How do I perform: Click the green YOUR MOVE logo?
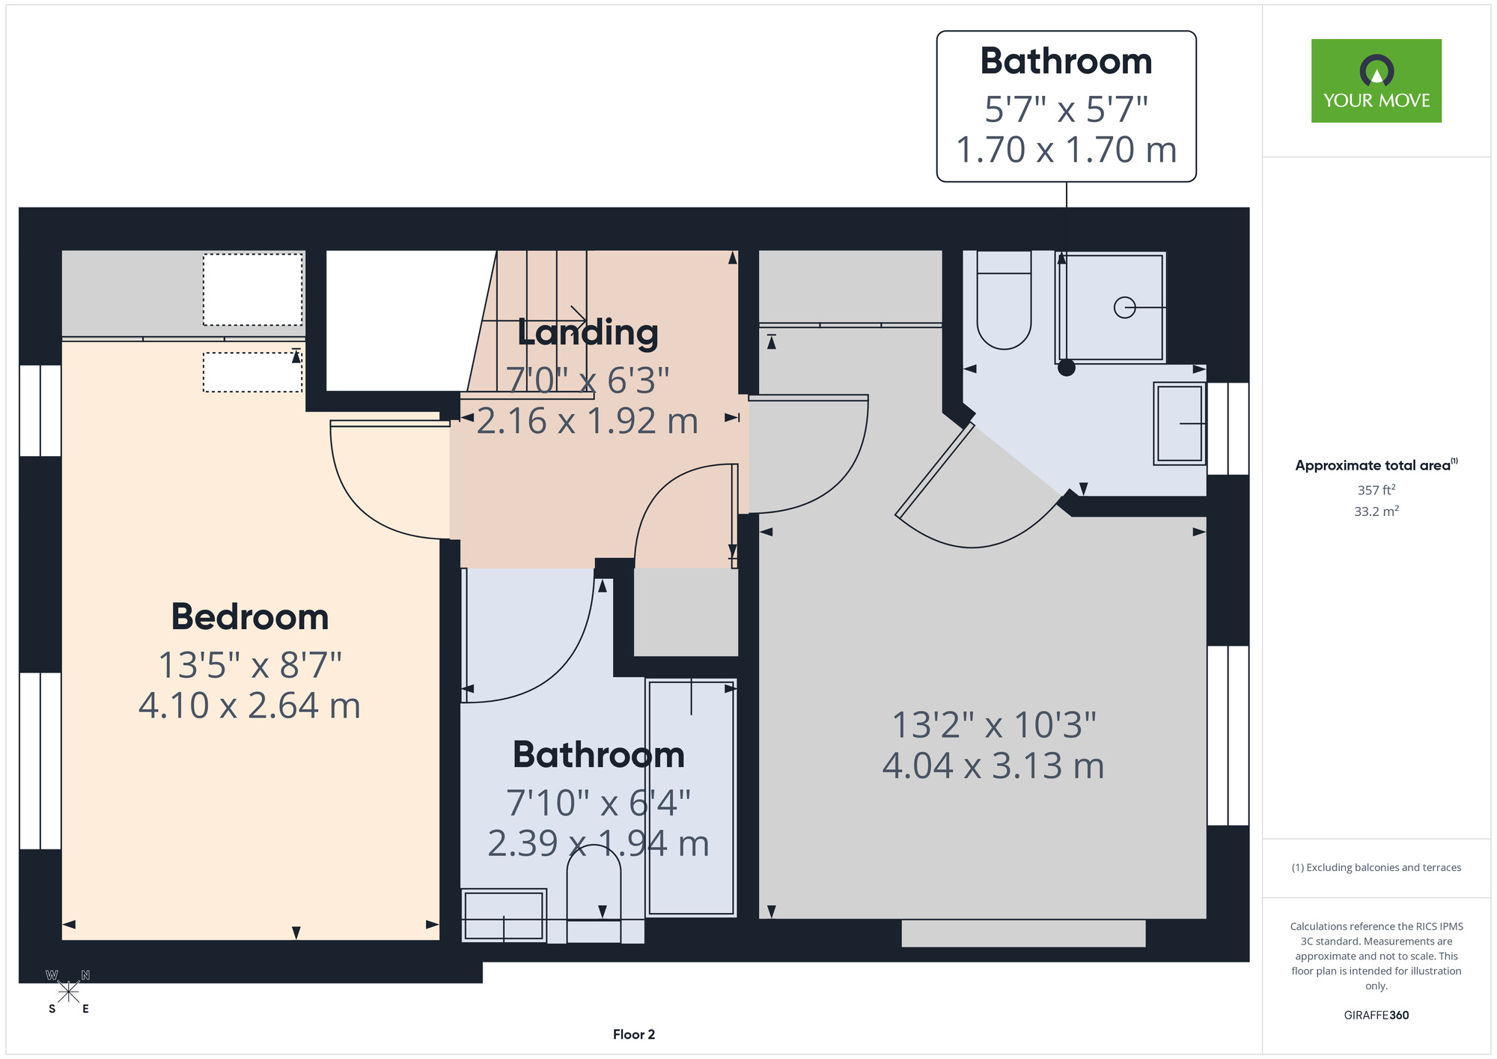click(x=1376, y=81)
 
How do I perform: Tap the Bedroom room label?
click(x=250, y=617)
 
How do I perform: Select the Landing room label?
click(x=588, y=333)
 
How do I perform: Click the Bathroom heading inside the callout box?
click(x=1066, y=61)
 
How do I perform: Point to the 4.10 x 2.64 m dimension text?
click(x=250, y=706)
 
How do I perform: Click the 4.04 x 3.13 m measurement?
click(x=993, y=765)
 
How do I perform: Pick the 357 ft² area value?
click(x=1376, y=490)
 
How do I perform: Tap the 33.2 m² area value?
click(x=1376, y=512)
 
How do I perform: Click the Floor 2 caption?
click(x=634, y=1034)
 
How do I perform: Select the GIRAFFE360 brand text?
click(x=1376, y=1016)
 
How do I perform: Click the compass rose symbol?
click(x=68, y=992)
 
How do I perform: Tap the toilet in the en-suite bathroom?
click(x=1004, y=300)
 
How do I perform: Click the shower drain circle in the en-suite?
click(x=1124, y=308)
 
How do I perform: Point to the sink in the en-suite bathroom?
click(x=1180, y=424)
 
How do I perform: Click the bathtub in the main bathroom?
click(x=691, y=798)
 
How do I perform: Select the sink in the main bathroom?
click(x=504, y=915)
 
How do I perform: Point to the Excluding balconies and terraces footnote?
click(x=1376, y=867)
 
